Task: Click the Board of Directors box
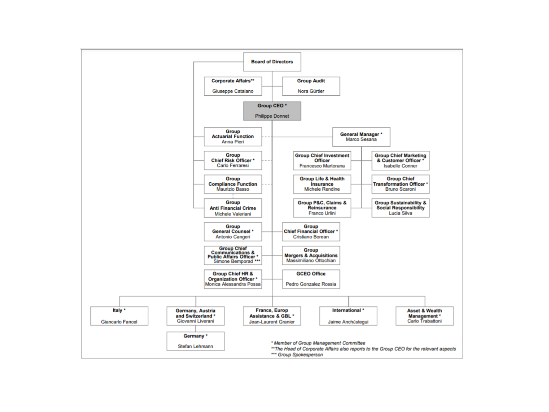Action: click(x=272, y=62)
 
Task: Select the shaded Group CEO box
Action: click(x=272, y=111)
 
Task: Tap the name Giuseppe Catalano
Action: click(x=233, y=91)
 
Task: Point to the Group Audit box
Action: click(x=311, y=86)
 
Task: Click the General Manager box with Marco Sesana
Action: click(x=361, y=137)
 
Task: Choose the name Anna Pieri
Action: click(x=233, y=142)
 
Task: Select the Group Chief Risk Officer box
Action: click(x=233, y=160)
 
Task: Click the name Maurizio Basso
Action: click(x=233, y=189)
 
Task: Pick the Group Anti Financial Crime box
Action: click(x=233, y=208)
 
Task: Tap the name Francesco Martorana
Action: click(x=322, y=166)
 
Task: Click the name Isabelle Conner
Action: click(x=400, y=166)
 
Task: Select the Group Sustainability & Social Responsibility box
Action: click(x=400, y=208)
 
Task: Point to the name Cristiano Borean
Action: click(x=311, y=237)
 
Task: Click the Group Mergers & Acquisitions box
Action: click(x=311, y=255)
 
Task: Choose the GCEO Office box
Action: click(x=311, y=279)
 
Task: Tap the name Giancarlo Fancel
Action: click(x=119, y=322)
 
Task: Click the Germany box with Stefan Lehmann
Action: click(x=195, y=341)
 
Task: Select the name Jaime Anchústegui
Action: click(x=348, y=322)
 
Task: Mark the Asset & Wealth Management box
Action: click(x=424, y=316)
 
